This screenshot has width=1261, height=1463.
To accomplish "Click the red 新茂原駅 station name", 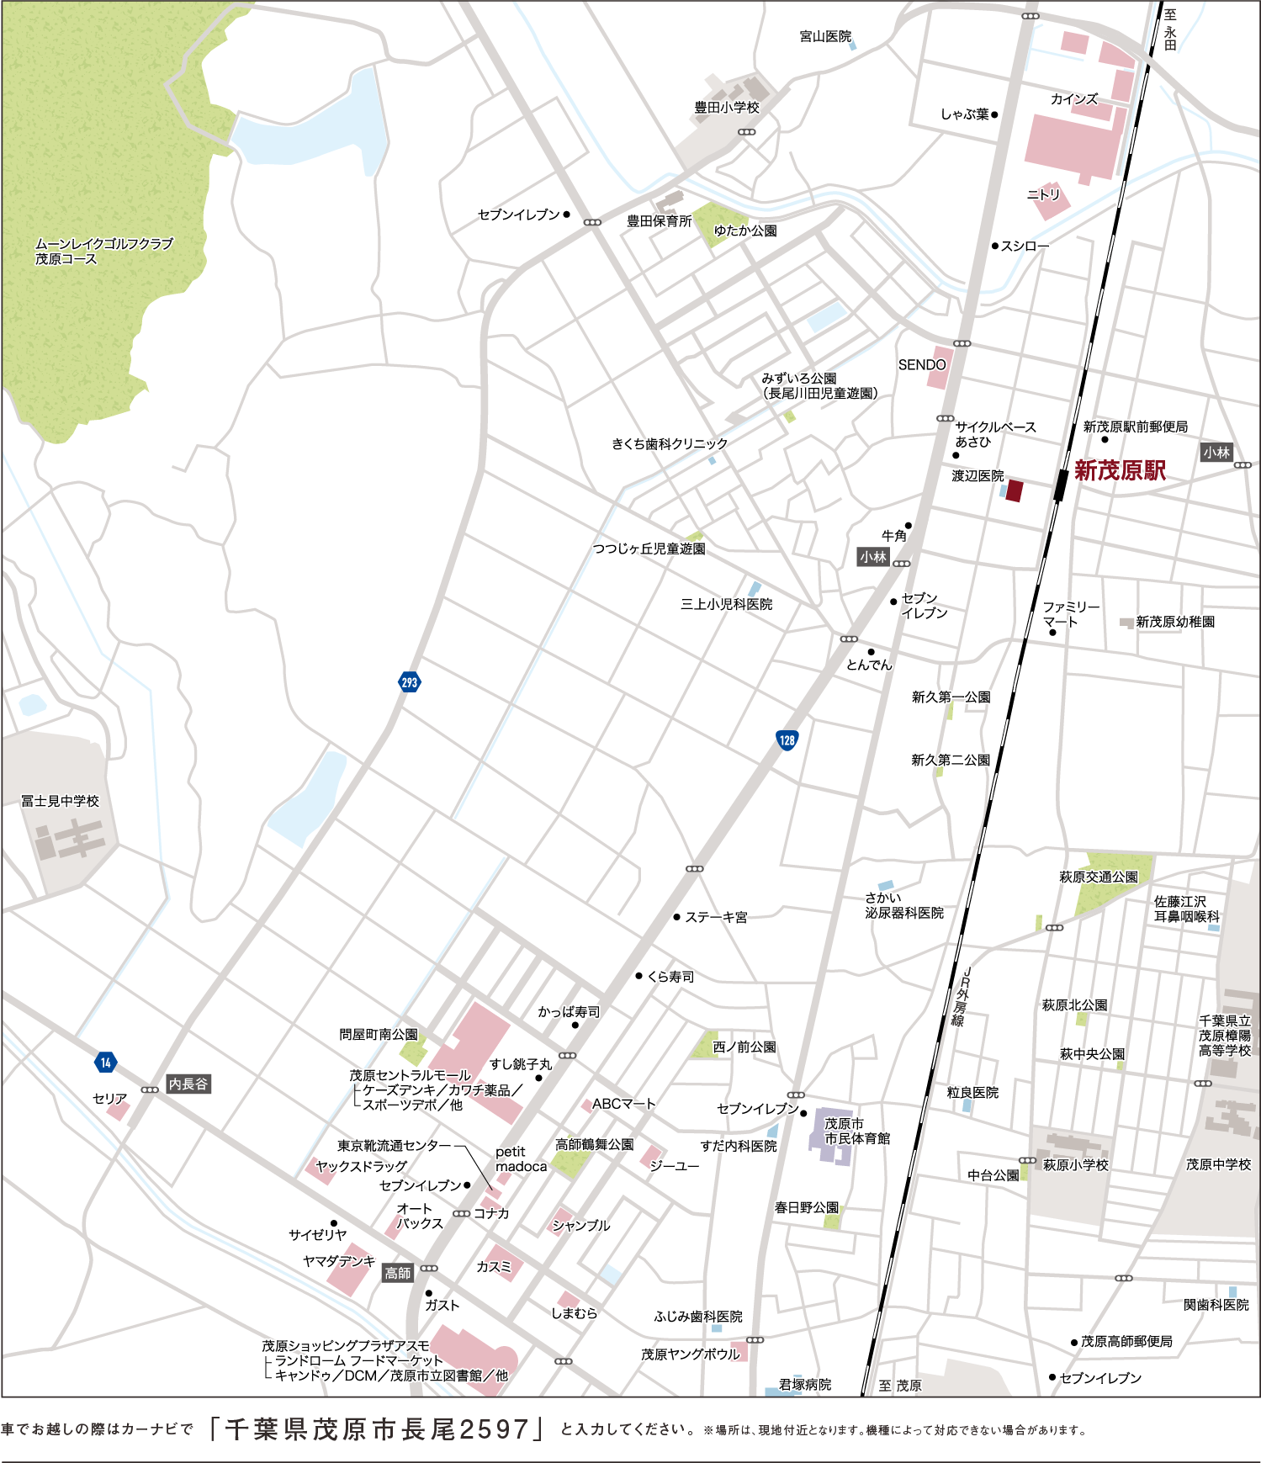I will [1120, 471].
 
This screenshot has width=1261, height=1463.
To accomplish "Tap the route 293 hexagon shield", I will [409, 682].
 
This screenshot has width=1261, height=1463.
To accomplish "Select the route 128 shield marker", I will [787, 740].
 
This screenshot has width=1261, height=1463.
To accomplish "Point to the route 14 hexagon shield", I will [105, 1063].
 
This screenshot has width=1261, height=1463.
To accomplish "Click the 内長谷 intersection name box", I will [188, 1084].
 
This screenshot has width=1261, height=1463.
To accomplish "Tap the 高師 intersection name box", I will [398, 1273].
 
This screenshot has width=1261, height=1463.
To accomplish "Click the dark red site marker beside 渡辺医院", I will [1014, 490].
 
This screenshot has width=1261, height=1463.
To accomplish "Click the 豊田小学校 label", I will [727, 108].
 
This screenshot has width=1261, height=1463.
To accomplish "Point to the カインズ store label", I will [1073, 99].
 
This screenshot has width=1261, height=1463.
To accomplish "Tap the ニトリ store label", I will [1043, 194].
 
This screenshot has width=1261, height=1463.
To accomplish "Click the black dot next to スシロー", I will [994, 246].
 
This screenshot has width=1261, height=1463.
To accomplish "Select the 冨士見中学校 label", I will [60, 801].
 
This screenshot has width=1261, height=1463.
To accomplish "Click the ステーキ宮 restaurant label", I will [716, 917].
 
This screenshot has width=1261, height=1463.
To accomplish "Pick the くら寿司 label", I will [670, 977].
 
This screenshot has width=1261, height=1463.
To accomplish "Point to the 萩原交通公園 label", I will [1098, 877].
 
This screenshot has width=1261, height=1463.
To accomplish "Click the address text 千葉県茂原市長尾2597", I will [377, 1429].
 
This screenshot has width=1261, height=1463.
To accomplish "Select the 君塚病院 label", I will [804, 1384].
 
